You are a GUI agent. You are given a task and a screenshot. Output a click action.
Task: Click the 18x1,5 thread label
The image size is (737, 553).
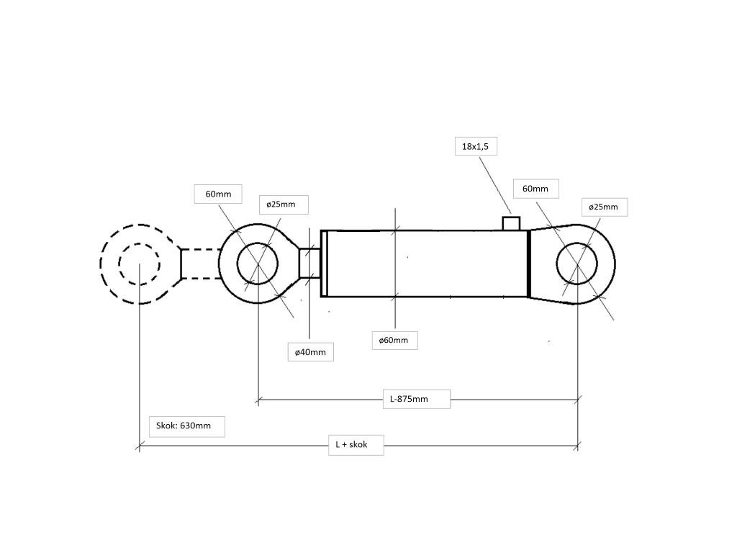tap(475, 147)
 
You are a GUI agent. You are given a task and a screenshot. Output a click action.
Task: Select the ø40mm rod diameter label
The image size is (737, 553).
tap(310, 352)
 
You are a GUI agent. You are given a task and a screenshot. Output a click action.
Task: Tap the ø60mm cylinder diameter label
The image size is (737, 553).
tap(394, 340)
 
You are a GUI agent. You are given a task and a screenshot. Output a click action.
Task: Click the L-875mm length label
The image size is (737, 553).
tap(409, 399)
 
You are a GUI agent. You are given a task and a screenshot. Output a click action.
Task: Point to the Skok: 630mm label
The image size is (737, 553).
tap(184, 426)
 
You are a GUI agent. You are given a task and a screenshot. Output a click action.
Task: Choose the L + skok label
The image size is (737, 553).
tap(351, 444)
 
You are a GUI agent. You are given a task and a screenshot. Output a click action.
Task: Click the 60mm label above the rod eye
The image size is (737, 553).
tap(218, 194)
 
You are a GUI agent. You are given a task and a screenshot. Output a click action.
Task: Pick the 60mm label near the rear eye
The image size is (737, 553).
tap(535, 189)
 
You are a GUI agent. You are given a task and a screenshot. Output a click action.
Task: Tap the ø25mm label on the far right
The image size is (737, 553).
tap(604, 207)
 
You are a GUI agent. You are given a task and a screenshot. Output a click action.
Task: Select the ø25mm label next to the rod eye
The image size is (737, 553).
tap(281, 204)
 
